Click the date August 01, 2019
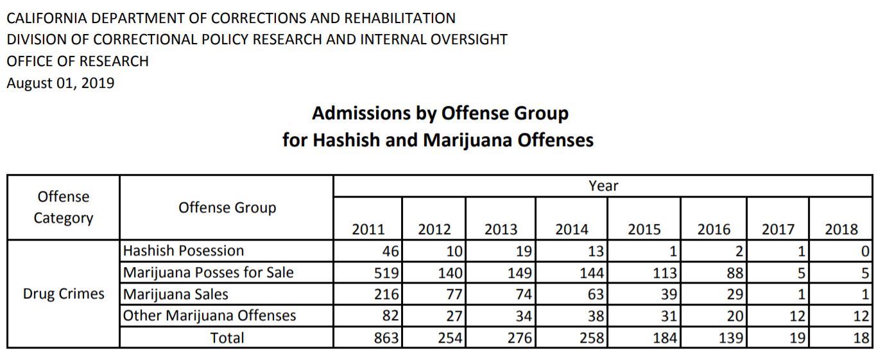point(60,83)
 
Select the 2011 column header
point(368,229)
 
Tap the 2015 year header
point(644,229)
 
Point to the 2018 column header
point(841,229)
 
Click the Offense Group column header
point(227,208)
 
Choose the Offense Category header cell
point(63,207)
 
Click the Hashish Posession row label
point(184,251)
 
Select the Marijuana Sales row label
point(175,295)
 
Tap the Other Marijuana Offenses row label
point(209,316)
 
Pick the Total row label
point(227,338)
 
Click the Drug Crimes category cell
point(64,294)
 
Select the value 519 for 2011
point(386,273)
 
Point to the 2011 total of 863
point(386,338)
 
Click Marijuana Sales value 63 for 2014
point(596,295)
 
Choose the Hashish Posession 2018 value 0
point(865,251)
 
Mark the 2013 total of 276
point(520,338)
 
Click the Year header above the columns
point(603,185)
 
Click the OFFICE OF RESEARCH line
point(78,62)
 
